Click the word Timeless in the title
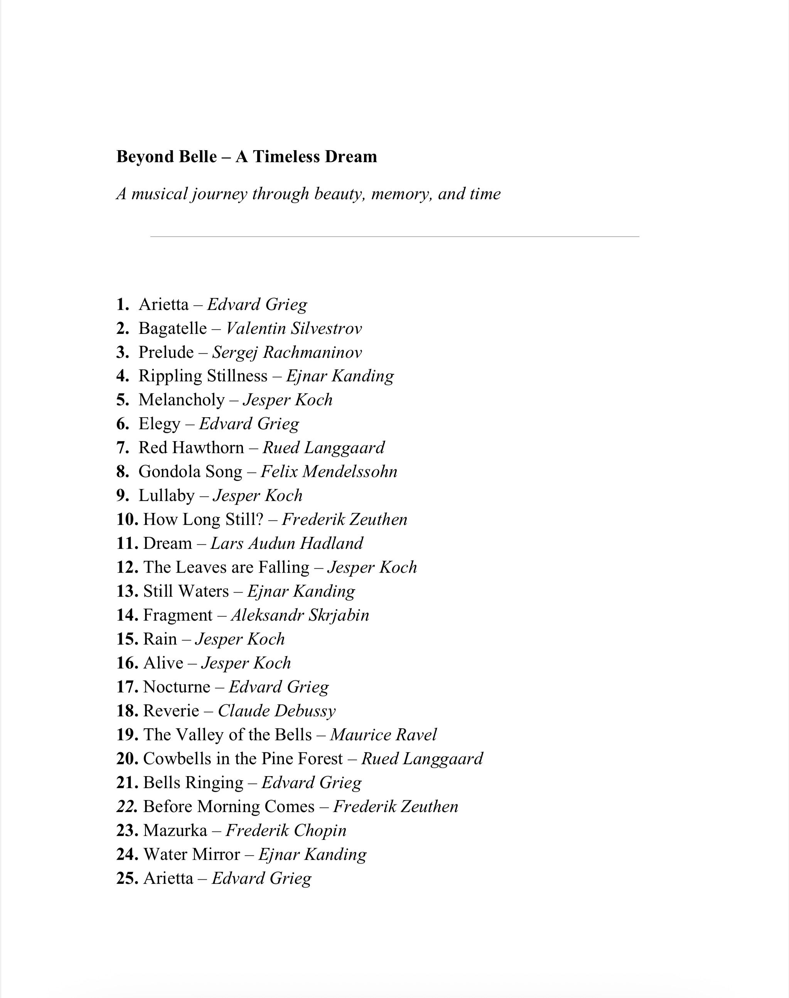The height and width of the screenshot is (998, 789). coord(280,157)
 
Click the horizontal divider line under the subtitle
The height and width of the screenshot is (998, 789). coord(394,237)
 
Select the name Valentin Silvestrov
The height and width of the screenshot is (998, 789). coord(294,329)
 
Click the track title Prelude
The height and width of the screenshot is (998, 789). coord(166,352)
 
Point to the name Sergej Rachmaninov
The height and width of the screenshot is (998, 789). coord(287,352)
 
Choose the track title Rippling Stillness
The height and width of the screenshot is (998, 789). coord(203,376)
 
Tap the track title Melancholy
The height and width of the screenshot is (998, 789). coord(182,400)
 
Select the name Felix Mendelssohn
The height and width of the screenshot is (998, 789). coord(329,472)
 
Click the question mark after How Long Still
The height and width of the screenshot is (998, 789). coord(259,519)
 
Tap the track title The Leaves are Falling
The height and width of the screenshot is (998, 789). coord(226,567)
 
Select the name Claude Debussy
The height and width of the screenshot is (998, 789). coord(277,711)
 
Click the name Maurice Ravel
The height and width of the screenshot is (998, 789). coord(383,734)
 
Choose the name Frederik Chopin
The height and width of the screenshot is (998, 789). coord(286,831)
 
